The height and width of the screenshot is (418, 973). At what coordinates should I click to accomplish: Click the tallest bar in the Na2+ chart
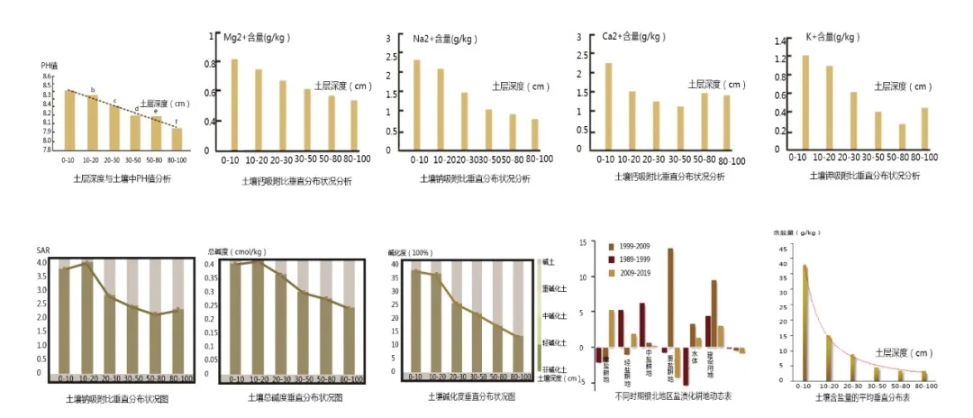(417, 104)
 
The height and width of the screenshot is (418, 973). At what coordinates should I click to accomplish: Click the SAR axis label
(43, 250)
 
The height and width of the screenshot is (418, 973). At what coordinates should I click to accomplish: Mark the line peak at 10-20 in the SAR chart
(88, 263)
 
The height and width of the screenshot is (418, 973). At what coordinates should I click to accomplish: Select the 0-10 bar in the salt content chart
(805, 320)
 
